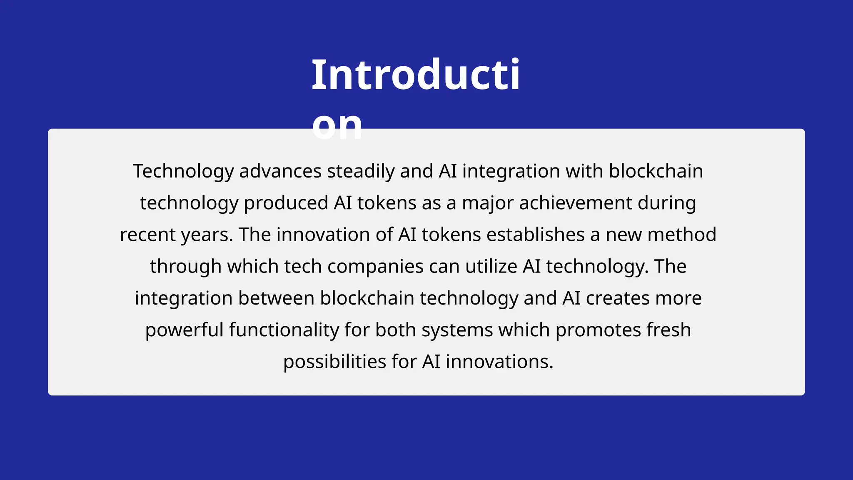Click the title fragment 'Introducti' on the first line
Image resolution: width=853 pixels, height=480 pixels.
(x=416, y=75)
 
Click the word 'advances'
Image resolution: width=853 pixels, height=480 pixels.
(x=280, y=171)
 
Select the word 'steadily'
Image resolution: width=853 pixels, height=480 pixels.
(x=361, y=171)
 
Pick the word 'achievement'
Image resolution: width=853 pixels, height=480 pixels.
(x=576, y=203)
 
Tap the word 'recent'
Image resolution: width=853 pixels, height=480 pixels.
(x=148, y=235)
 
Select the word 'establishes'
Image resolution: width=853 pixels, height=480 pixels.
(x=536, y=235)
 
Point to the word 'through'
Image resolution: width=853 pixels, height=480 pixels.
(x=186, y=266)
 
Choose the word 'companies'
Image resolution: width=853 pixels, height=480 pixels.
(x=375, y=266)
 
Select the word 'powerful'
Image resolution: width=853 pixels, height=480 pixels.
(x=185, y=330)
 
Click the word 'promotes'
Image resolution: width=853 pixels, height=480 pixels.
(x=598, y=330)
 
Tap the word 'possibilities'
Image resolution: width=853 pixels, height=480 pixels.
(x=335, y=362)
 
